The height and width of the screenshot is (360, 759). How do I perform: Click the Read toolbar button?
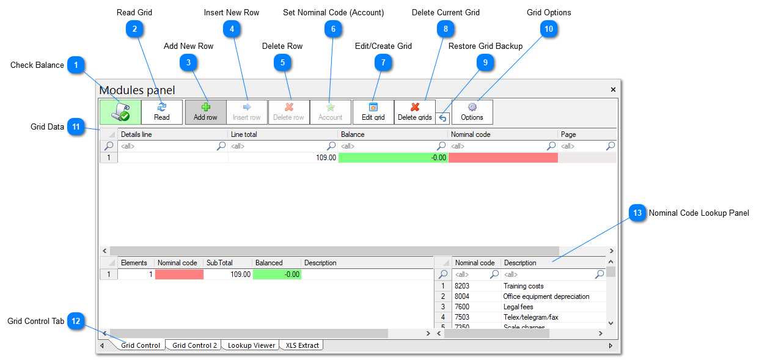coord(161,112)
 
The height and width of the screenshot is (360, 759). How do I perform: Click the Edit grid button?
coord(373,112)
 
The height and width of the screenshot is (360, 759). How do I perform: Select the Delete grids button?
coord(414,112)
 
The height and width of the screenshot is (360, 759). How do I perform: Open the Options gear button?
coord(472,112)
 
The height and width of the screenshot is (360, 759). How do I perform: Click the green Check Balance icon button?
coord(120,112)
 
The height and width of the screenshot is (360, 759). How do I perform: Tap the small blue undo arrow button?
coord(442,117)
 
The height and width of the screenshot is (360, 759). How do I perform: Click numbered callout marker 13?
coord(637,213)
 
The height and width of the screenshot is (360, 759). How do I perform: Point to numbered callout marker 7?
coord(383,62)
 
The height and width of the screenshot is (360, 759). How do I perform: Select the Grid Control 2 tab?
coord(194,345)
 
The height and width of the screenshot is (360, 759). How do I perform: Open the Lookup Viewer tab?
coord(251,345)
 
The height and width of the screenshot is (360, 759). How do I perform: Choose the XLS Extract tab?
coord(302,345)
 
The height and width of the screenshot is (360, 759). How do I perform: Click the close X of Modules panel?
coord(613,89)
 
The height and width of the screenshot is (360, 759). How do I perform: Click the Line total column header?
coord(282,134)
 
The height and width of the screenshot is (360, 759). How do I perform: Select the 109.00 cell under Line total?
coord(282,157)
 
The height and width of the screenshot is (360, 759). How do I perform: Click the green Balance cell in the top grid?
coord(392,157)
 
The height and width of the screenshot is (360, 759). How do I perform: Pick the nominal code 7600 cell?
coord(475,307)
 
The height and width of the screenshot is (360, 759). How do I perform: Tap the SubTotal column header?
coord(227,263)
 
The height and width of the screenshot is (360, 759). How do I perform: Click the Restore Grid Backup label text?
coord(485,46)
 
